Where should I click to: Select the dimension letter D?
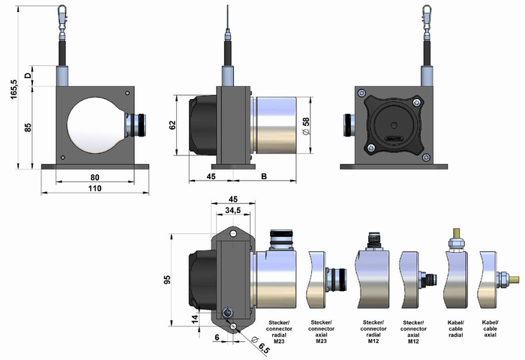pyautogui.click(x=28, y=76)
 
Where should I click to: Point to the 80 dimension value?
pyautogui.click(x=94, y=178)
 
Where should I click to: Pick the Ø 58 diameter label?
pyautogui.click(x=306, y=126)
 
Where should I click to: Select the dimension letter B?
pyautogui.click(x=264, y=177)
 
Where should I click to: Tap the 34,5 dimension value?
pyautogui.click(x=234, y=212)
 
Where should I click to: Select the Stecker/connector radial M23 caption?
pyautogui.click(x=278, y=330)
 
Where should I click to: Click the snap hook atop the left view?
pyautogui.click(x=63, y=15)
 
